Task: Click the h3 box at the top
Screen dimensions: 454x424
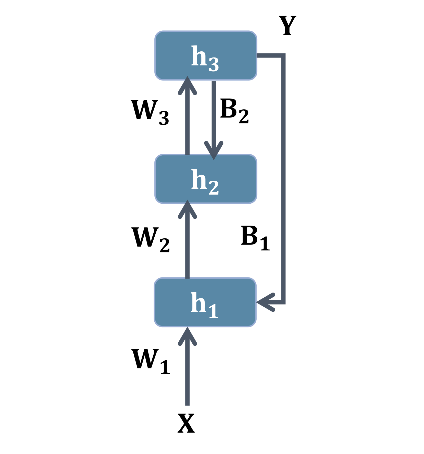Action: coord(205,55)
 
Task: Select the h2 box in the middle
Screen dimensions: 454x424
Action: coord(205,179)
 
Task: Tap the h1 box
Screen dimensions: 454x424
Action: coord(205,302)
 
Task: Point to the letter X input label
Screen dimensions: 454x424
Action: coord(186,423)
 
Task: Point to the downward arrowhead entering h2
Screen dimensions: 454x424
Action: coord(214,151)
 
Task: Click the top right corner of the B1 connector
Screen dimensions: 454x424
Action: coord(283,55)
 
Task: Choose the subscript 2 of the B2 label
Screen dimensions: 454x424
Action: coord(244,117)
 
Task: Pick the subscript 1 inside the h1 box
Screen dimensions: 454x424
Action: coord(214,311)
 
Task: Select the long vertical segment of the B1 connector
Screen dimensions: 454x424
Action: coord(283,179)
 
